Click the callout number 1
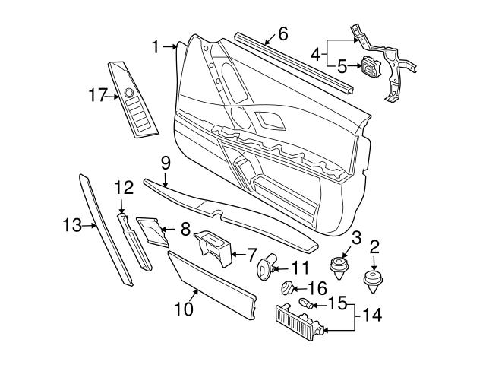155,47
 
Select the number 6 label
283,33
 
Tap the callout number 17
98,95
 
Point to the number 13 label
71,224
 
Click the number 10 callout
185,310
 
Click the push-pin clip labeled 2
374,281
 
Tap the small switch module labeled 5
371,68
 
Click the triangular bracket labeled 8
154,230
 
